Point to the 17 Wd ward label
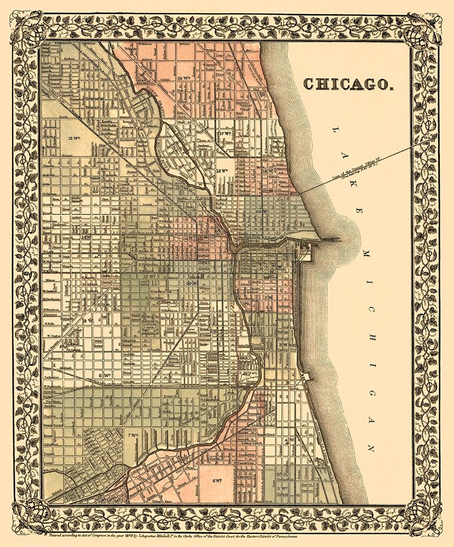coord(225,133)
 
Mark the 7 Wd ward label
coord(132,435)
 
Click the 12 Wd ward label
coord(146,277)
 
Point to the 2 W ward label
coord(269,297)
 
